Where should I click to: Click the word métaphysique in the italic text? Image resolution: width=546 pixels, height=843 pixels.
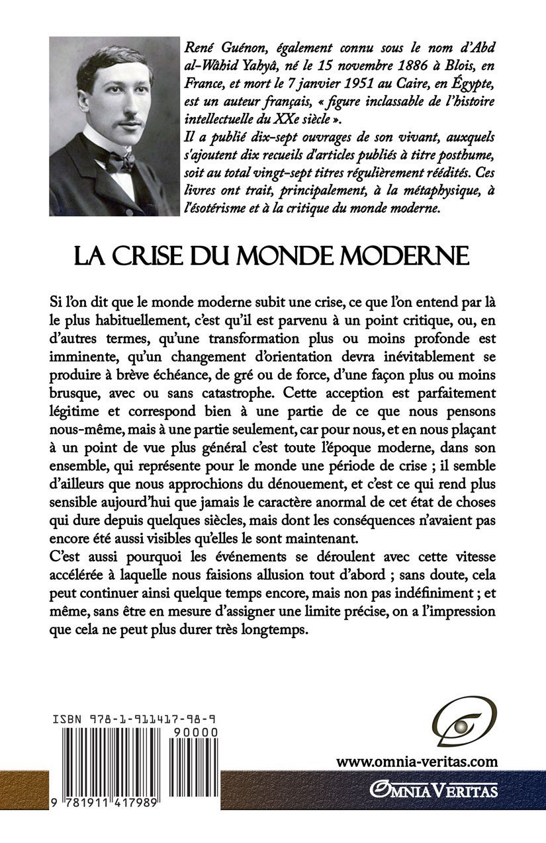[430, 193]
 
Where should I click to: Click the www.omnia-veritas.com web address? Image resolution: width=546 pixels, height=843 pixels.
[416, 761]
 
